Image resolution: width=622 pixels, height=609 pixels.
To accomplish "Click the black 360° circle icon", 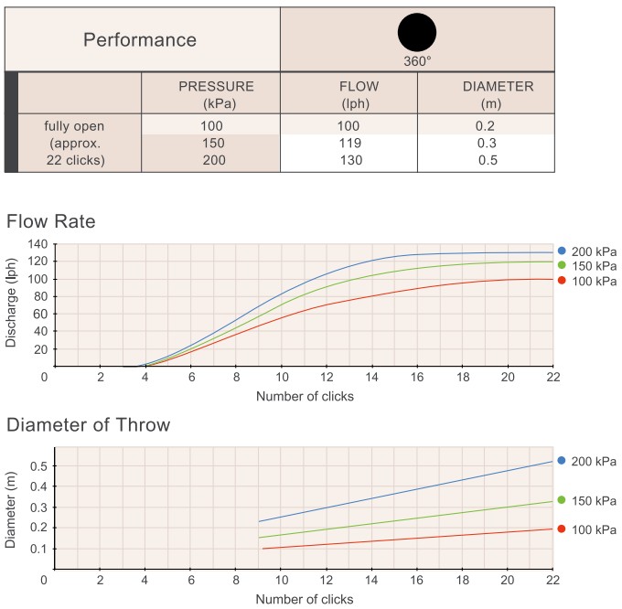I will [x=417, y=33].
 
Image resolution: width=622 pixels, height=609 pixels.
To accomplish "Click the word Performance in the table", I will [x=140, y=40].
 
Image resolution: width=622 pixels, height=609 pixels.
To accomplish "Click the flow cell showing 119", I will [x=349, y=144].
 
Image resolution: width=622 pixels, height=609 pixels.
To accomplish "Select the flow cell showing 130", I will [x=349, y=161].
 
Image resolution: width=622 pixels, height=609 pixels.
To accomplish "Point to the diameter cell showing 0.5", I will [x=485, y=161].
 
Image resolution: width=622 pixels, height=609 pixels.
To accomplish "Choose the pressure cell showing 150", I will [x=210, y=144].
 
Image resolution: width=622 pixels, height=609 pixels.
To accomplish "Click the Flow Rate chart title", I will [x=50, y=221].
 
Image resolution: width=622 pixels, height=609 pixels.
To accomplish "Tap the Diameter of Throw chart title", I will [x=88, y=424].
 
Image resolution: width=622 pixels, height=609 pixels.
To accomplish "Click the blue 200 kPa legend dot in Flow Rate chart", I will [x=562, y=251].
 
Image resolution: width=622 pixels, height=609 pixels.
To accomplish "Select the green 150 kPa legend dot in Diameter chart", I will [x=562, y=501].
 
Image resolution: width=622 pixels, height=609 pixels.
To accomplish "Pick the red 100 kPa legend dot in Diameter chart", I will [x=562, y=529].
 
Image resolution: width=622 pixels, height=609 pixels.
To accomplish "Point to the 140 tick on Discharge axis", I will [x=38, y=244].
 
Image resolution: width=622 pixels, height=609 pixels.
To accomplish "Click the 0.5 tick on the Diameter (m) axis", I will [x=38, y=466].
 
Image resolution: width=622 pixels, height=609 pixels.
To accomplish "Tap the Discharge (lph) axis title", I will [x=11, y=304].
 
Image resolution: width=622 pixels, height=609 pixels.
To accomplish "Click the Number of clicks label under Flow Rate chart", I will [x=305, y=397].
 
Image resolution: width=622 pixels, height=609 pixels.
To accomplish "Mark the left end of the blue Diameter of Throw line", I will [x=259, y=521].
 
